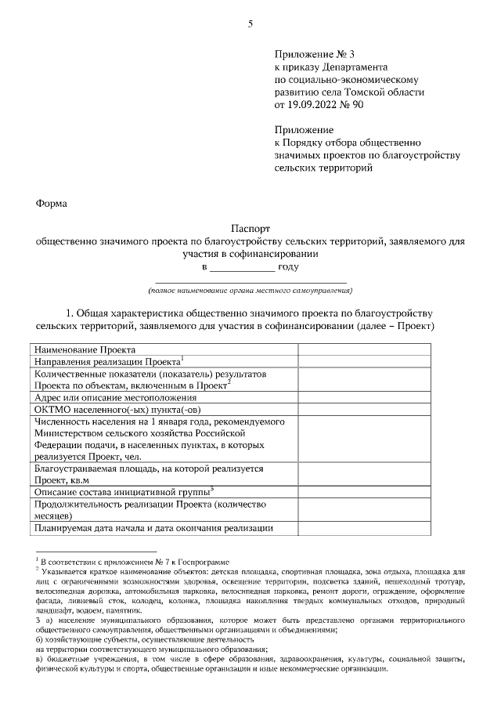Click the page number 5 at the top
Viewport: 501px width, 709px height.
[x=250, y=23]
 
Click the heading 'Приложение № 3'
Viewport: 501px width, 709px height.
[x=314, y=54]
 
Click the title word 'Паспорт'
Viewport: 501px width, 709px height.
[x=250, y=229]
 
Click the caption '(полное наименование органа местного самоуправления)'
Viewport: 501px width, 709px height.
[x=250, y=289]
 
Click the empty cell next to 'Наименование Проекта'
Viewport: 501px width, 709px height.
[x=363, y=349]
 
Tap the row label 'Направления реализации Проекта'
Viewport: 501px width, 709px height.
[x=107, y=362]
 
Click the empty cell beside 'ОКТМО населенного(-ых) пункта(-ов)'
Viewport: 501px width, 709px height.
[x=363, y=409]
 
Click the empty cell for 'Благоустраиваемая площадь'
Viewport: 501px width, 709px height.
[x=363, y=474]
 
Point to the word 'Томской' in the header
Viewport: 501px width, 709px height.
[x=380, y=91]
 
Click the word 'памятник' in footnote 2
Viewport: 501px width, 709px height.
[x=121, y=610]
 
